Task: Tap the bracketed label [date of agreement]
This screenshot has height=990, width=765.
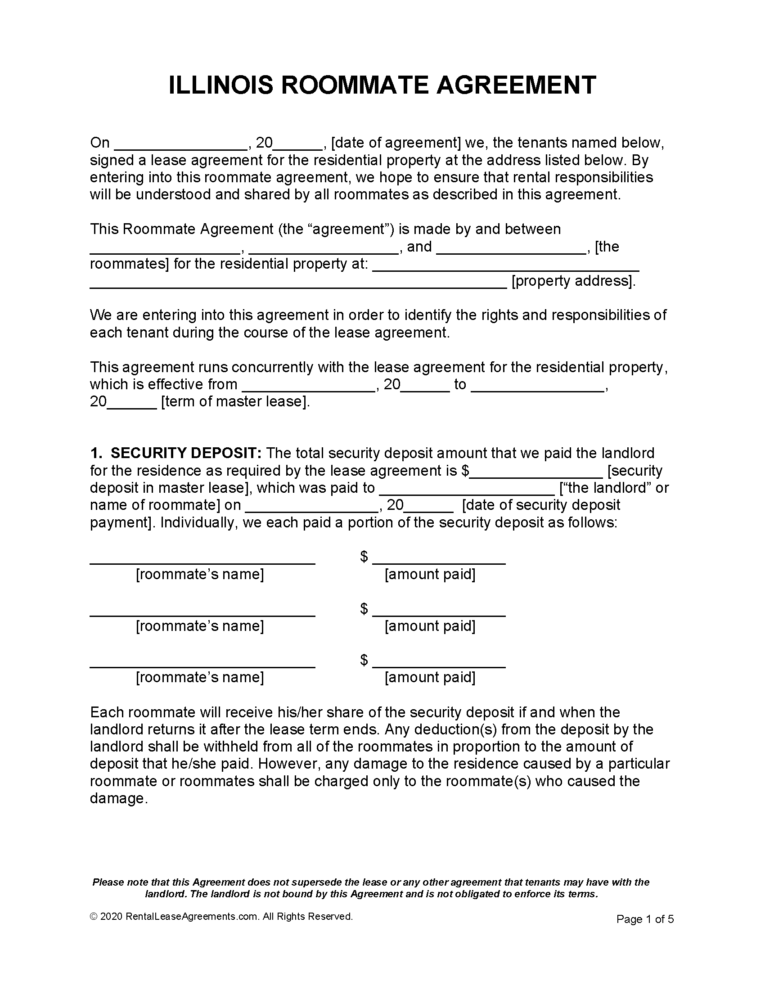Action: [x=396, y=143]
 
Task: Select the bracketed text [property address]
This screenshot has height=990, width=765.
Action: [x=573, y=281]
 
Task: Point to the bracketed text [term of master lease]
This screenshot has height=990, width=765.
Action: [x=235, y=401]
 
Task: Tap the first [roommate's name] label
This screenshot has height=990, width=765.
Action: [x=200, y=574]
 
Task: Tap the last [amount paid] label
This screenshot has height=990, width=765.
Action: [x=430, y=677]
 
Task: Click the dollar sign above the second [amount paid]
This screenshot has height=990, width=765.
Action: [x=364, y=608]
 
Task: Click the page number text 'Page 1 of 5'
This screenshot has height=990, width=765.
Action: [x=645, y=919]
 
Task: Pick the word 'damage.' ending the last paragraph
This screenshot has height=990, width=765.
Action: [x=119, y=798]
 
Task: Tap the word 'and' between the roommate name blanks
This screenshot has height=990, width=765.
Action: [x=419, y=247]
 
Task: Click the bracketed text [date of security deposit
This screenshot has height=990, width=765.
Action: [x=541, y=505]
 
